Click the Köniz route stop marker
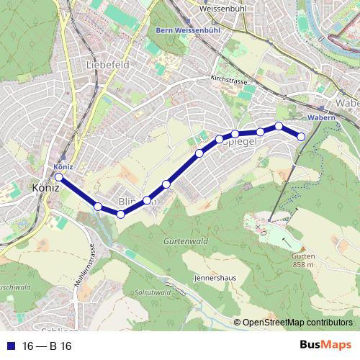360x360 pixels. tap(58, 177)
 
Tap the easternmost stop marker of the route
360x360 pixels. tap(302, 137)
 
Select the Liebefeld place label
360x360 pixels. tap(107, 65)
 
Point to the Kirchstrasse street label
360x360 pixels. tap(229, 81)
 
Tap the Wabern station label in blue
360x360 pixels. tap(320, 116)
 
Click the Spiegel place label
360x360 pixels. tap(241, 144)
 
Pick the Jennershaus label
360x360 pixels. tap(215, 276)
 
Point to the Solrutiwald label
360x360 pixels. tap(152, 292)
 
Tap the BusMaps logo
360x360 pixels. tap(325, 346)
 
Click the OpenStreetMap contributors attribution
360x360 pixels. tap(297, 323)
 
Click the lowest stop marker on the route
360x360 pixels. tap(121, 214)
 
